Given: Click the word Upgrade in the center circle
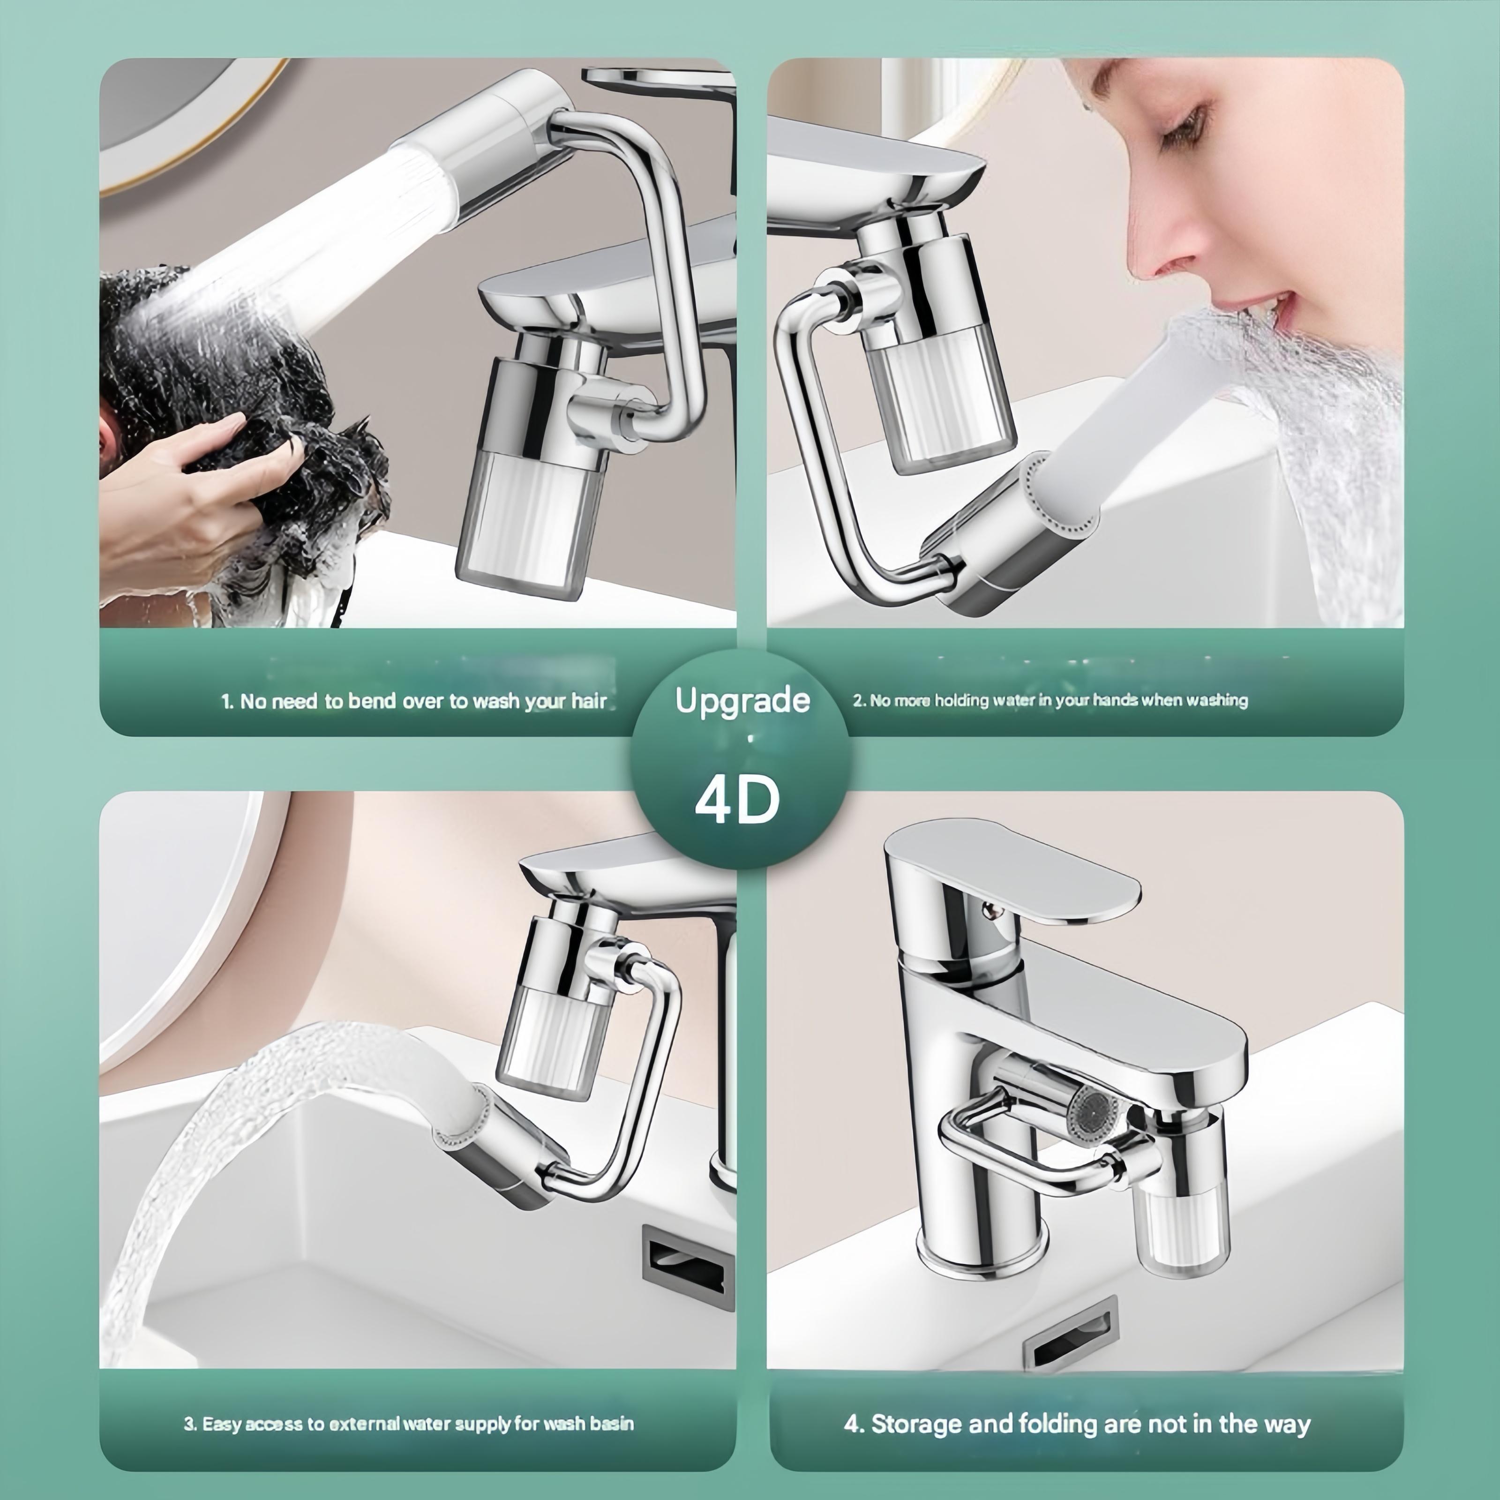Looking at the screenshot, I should coord(742,701).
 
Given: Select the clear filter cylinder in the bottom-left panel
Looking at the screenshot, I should coord(553,1044).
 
